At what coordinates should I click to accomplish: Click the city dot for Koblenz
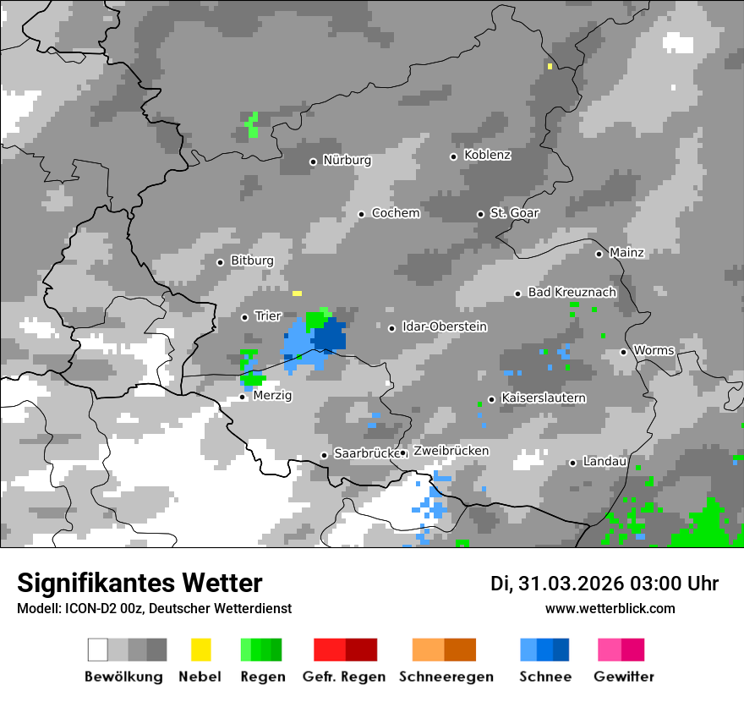coord(454,156)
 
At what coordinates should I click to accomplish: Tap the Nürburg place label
coord(347,160)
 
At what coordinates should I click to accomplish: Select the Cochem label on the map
coord(396,213)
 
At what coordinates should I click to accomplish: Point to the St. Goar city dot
coord(480,214)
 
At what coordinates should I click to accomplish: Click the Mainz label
coord(626,252)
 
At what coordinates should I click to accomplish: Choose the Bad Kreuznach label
coord(572,292)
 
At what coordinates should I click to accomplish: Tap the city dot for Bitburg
coord(221,262)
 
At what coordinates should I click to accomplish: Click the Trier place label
coord(268,316)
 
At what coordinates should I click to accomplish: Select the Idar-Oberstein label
coord(445,326)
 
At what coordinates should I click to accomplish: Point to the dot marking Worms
coord(624,352)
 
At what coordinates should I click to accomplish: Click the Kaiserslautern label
coord(544,398)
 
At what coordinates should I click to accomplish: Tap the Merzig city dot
coord(243,397)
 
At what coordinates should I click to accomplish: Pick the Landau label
coord(604,462)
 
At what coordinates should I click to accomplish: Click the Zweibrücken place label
coord(451,451)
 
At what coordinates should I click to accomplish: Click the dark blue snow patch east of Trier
coord(330,337)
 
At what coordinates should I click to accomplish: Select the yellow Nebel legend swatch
coord(200,650)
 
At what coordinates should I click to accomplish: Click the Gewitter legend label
coord(624,677)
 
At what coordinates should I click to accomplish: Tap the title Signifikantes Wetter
coord(139,583)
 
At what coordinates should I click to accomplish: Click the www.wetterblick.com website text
coord(610,608)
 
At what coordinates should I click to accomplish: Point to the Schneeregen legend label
coord(446,677)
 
